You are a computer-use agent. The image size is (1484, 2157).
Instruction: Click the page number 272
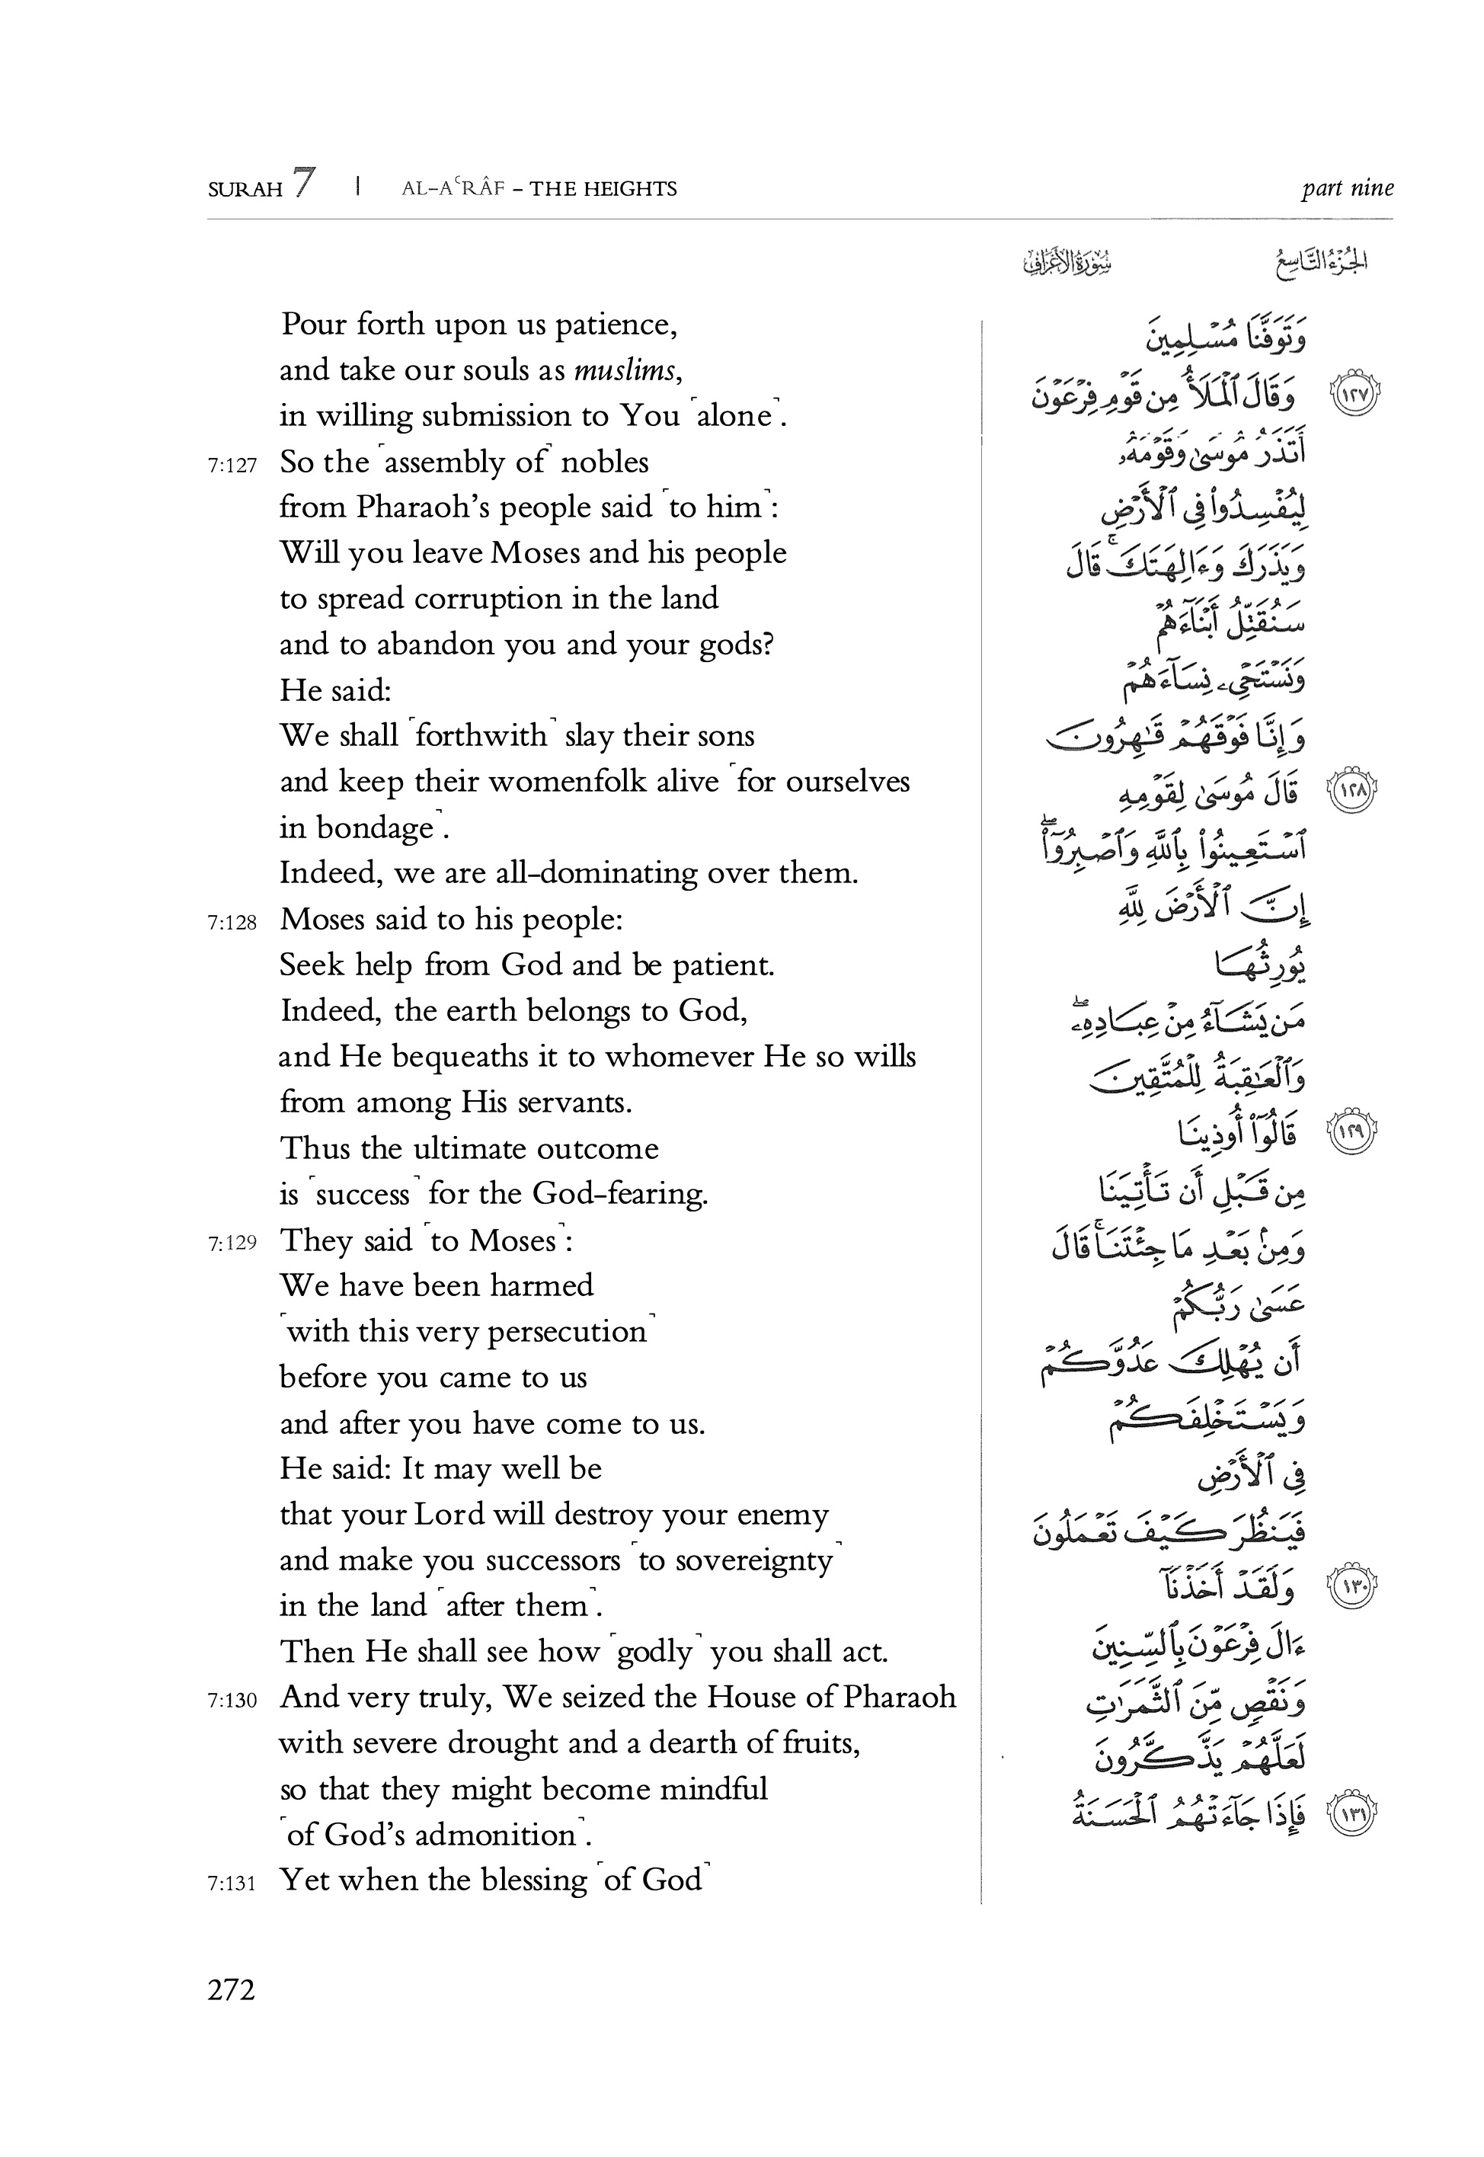232,1989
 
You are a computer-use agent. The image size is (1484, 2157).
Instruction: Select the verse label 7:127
232,465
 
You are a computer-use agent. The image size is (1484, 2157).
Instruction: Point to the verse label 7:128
232,922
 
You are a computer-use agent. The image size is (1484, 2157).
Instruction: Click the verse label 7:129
232,1242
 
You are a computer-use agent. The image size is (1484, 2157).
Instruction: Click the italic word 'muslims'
625,370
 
